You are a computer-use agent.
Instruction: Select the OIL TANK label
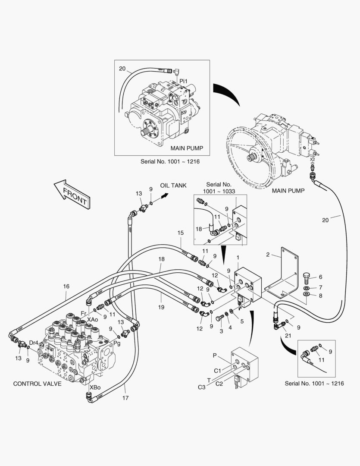pyautogui.click(x=173, y=186)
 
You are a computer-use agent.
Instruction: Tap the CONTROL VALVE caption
pyautogui.click(x=37, y=384)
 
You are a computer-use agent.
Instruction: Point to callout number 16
pyautogui.click(x=66, y=286)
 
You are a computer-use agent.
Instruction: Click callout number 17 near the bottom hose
pyautogui.click(x=125, y=398)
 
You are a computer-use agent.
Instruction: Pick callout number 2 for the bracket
pyautogui.click(x=268, y=255)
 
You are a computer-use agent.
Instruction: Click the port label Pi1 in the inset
pyautogui.click(x=183, y=81)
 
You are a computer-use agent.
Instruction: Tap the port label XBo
pyautogui.click(x=95, y=387)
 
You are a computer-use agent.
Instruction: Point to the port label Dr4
pyautogui.click(x=34, y=342)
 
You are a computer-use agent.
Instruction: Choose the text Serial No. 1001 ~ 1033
pyautogui.click(x=220, y=187)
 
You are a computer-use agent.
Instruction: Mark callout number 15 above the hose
pyautogui.click(x=181, y=233)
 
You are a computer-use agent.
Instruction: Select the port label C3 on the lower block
pyautogui.click(x=202, y=387)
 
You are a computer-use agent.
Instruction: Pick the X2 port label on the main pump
pyautogui.click(x=312, y=160)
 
